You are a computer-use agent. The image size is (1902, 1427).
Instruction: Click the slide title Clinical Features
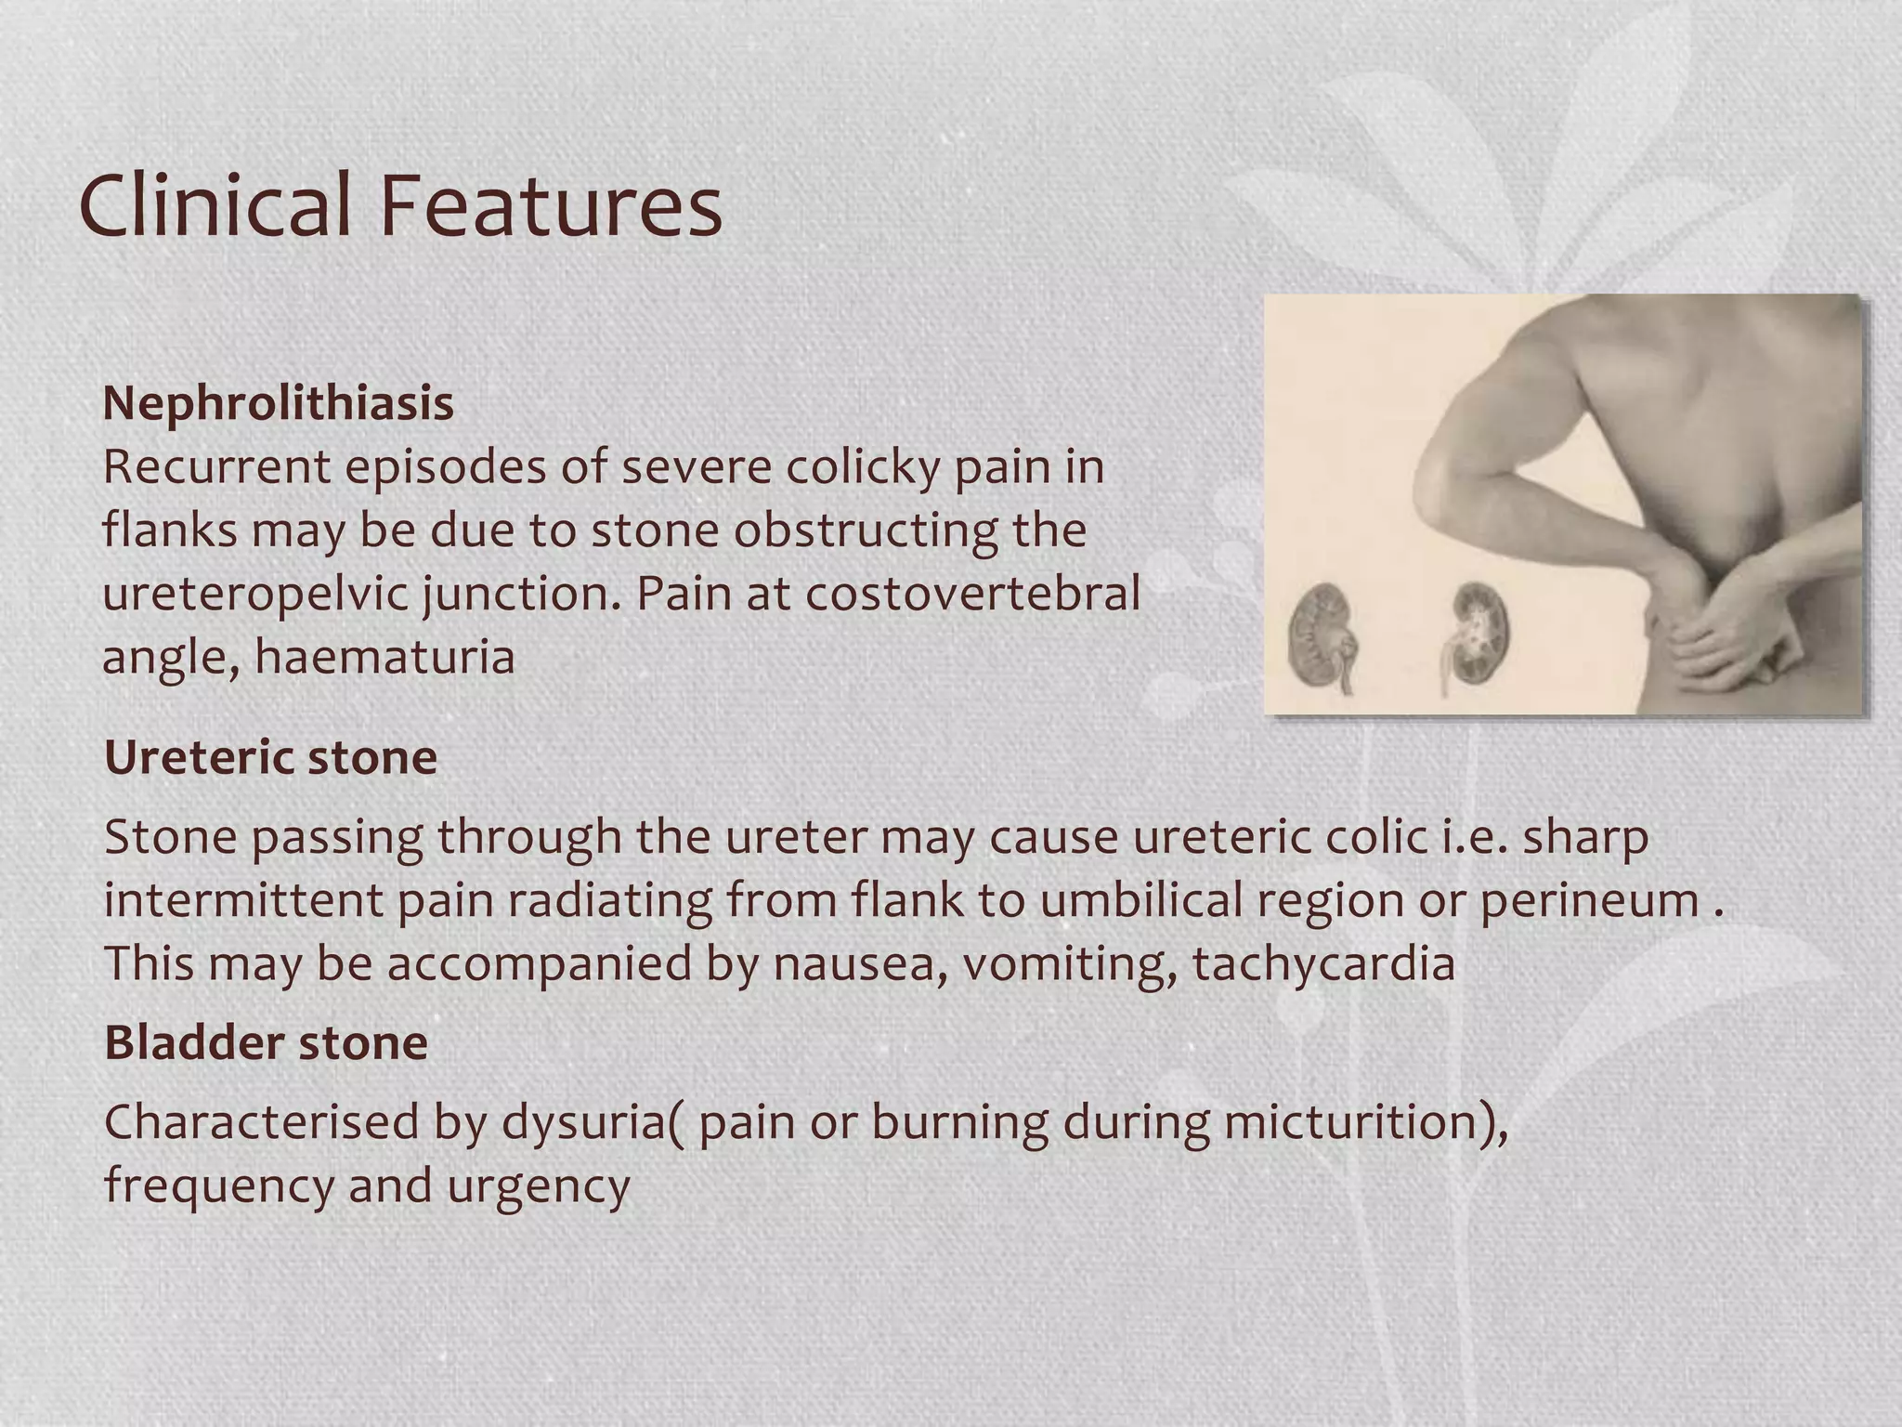tap(400, 205)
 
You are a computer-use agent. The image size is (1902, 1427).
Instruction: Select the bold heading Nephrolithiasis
tap(278, 403)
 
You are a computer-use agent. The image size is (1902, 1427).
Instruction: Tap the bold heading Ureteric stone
tap(270, 757)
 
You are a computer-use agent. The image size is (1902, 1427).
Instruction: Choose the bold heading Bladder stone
tap(266, 1042)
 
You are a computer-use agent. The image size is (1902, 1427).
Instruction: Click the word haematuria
tap(384, 657)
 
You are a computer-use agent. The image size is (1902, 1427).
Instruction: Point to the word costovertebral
tap(972, 594)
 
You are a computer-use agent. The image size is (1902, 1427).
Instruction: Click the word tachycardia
tap(1323, 963)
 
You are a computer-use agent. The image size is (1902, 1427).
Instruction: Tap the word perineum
tap(1589, 901)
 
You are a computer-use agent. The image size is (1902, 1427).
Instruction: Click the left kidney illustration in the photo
tap(1319, 636)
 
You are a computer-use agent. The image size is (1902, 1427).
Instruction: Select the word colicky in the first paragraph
tap(863, 467)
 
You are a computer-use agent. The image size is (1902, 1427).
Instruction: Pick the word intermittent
tap(242, 900)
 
